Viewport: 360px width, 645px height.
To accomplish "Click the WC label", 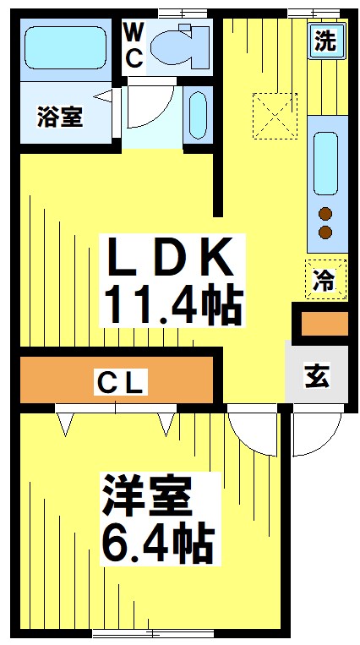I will click(x=134, y=45).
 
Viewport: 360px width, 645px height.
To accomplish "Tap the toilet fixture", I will click(x=178, y=46).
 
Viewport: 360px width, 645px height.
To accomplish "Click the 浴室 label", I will click(x=59, y=117).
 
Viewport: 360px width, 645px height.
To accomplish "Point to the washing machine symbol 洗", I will click(x=324, y=41).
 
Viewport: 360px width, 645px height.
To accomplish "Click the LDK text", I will click(x=169, y=259).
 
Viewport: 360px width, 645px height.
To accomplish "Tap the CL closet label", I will click(x=121, y=384).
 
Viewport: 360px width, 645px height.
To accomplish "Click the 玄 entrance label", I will click(x=317, y=377).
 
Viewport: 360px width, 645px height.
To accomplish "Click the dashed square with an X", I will click(x=274, y=112).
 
